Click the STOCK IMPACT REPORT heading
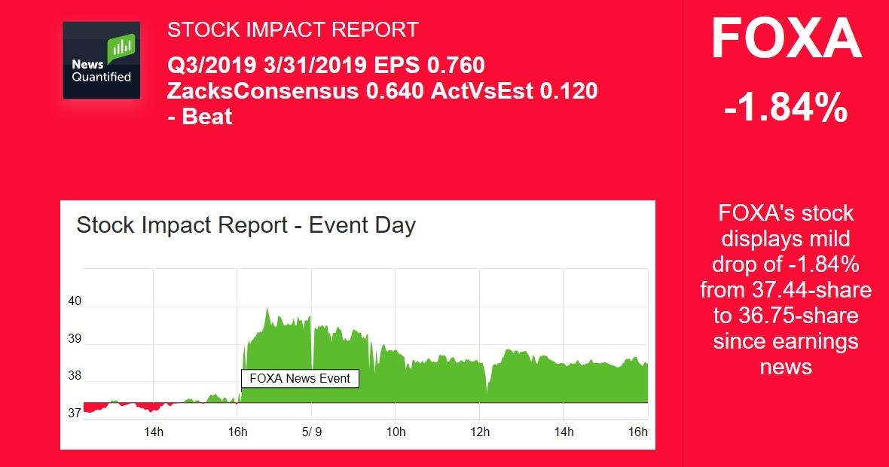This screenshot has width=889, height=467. click(x=292, y=30)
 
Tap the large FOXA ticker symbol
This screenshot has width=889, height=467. click(x=786, y=40)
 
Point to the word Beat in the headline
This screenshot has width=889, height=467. click(x=207, y=117)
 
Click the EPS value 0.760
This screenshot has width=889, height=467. click(x=456, y=65)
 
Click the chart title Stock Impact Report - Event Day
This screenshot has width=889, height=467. click(x=246, y=224)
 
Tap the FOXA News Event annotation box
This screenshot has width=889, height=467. click(x=300, y=378)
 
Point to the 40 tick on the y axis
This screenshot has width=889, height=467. click(x=75, y=301)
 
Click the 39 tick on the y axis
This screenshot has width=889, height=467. click(x=75, y=339)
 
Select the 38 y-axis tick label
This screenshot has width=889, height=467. click(x=75, y=376)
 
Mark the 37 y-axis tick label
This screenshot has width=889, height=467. click(x=75, y=413)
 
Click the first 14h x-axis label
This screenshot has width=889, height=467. click(x=153, y=432)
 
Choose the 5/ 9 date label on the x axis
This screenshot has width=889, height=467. click(x=311, y=432)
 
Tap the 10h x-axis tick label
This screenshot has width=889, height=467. click(x=396, y=432)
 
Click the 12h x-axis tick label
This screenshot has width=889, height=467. click(x=480, y=432)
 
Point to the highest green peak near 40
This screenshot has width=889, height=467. click(x=267, y=309)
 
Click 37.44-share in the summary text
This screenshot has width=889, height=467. click(x=786, y=290)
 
